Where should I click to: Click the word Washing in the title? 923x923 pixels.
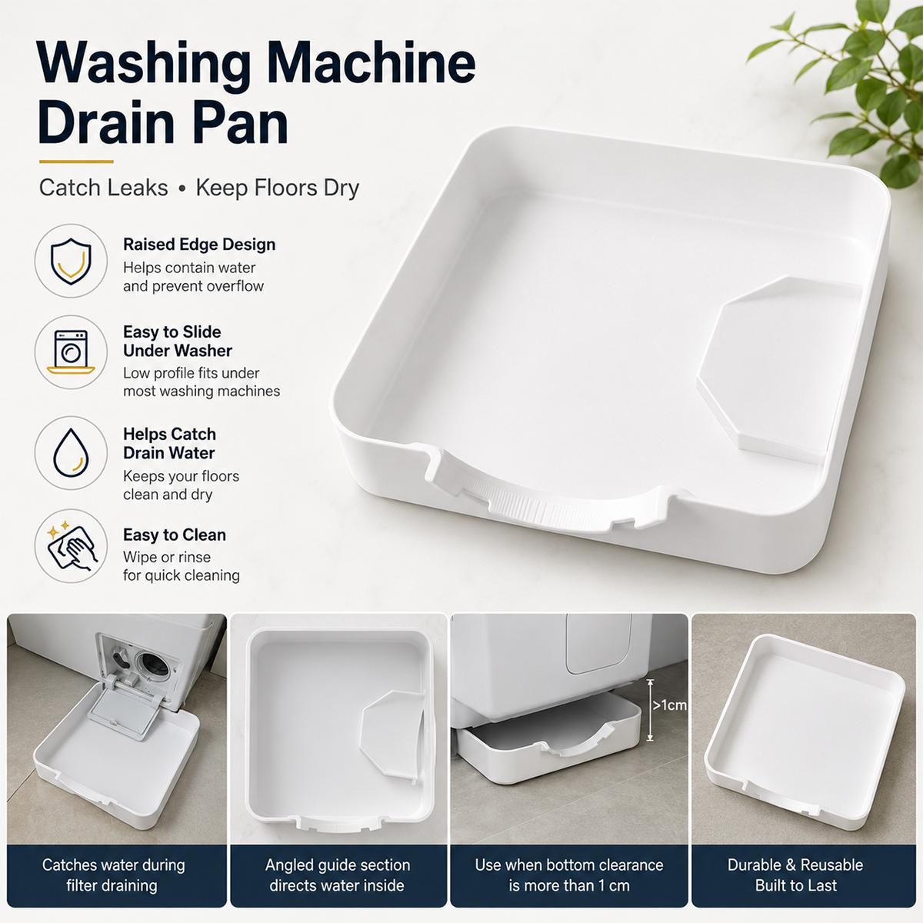point(144,64)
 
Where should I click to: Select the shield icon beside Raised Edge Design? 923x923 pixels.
point(71,261)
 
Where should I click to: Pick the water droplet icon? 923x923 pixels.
point(71,452)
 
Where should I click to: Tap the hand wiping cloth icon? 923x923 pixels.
point(72,547)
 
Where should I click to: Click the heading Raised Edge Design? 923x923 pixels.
point(199,245)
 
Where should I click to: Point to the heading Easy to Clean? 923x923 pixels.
point(175,535)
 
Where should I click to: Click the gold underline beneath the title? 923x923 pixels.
point(76,162)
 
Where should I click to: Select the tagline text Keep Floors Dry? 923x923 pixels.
point(278,188)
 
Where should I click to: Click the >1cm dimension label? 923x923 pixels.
point(669,705)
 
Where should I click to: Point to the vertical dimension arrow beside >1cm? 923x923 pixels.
point(650,710)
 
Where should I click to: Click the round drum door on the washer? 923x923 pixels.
point(152,665)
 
